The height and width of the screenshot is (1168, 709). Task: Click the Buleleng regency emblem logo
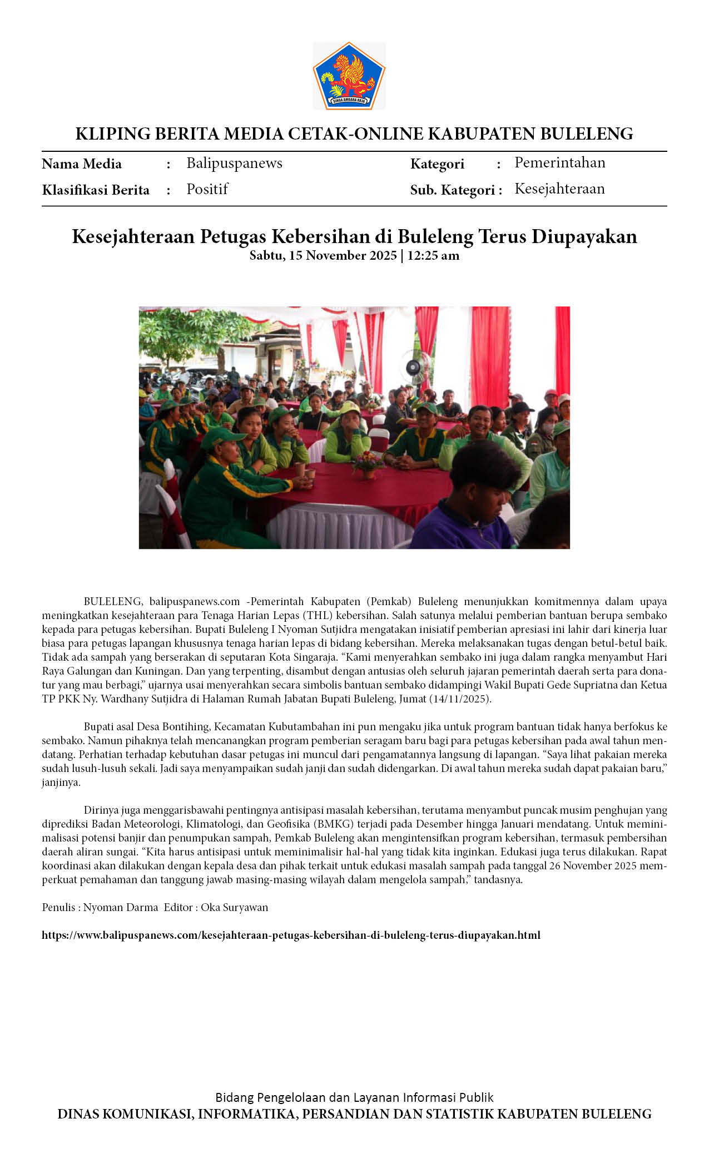click(349, 76)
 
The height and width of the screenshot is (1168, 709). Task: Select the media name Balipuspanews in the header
click(234, 163)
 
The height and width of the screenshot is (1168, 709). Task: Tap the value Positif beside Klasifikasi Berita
click(207, 189)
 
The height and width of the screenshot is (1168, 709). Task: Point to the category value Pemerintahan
click(559, 162)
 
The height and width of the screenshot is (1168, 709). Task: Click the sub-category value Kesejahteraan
click(559, 189)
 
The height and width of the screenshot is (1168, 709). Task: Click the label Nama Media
click(82, 164)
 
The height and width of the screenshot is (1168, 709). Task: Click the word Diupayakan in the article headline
click(584, 236)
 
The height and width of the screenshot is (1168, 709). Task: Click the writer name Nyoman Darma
click(121, 907)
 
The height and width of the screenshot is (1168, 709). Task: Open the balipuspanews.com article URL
click(291, 935)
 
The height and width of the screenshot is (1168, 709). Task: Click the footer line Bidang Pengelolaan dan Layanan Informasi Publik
click(354, 1097)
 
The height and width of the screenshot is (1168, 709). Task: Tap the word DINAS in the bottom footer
click(78, 1114)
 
